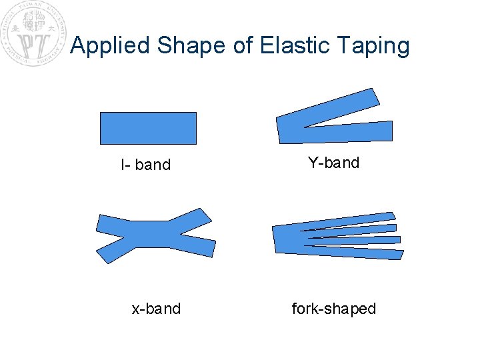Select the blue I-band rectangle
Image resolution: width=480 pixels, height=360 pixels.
point(148,128)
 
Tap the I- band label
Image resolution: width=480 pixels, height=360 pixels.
point(146,165)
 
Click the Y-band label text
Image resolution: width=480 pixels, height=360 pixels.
point(333,163)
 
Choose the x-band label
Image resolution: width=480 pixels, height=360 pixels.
point(156,309)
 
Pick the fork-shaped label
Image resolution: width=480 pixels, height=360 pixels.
point(333,309)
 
